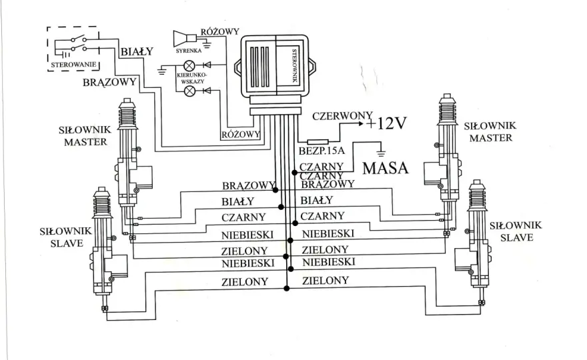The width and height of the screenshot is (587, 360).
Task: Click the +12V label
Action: coord(386,123)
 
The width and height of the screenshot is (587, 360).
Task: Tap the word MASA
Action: coord(386,168)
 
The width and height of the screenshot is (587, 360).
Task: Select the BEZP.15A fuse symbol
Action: coord(318,142)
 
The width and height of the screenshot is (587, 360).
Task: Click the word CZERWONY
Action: coord(342,115)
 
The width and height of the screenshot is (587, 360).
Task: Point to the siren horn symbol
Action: coord(185,39)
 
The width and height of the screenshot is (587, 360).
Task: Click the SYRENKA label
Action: coord(188,51)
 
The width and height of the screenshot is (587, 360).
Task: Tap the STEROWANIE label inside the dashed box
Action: coord(73,65)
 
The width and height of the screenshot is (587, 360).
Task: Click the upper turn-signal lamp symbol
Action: coord(189,66)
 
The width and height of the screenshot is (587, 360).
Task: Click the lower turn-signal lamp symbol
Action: coord(189,91)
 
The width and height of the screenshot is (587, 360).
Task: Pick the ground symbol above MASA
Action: coord(381,152)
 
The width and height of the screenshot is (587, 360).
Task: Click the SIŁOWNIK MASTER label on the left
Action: coord(85,136)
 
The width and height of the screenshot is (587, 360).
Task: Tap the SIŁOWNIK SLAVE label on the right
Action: coord(516,231)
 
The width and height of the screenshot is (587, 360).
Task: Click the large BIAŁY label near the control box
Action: coord(137,51)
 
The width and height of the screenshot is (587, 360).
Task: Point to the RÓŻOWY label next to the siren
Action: coord(219,31)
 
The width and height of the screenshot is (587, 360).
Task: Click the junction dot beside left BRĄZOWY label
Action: coord(275,190)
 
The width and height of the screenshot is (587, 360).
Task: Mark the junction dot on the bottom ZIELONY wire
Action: coord(286,288)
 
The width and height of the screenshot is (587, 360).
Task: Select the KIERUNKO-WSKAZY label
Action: coord(191,78)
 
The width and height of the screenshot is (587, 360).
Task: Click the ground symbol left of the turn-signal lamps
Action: coord(161,71)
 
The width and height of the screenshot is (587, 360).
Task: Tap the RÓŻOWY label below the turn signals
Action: coord(241,135)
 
